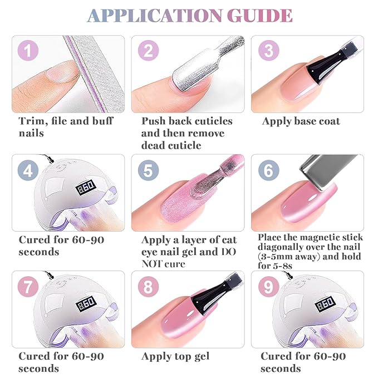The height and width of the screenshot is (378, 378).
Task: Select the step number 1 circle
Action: pyautogui.click(x=28, y=51)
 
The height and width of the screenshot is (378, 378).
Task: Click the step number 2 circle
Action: pyautogui.click(x=148, y=51)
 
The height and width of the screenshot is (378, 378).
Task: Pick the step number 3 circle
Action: pyautogui.click(x=268, y=51)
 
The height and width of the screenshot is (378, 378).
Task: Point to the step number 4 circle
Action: pyautogui.click(x=28, y=170)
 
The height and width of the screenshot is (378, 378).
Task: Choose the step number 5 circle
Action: pyautogui.click(x=148, y=170)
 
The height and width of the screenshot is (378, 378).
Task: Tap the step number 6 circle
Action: pyautogui.click(x=268, y=170)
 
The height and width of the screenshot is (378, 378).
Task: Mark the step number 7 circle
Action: pyautogui.click(x=28, y=287)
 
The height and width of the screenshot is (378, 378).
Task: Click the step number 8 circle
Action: pyautogui.click(x=148, y=287)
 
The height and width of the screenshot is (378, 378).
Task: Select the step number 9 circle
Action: pyautogui.click(x=268, y=287)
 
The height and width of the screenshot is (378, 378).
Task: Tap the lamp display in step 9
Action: pyautogui.click(x=325, y=305)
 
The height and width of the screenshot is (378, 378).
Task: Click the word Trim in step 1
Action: pyautogui.click(x=31, y=121)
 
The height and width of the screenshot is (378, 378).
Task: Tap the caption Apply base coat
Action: pyautogui.click(x=301, y=121)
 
